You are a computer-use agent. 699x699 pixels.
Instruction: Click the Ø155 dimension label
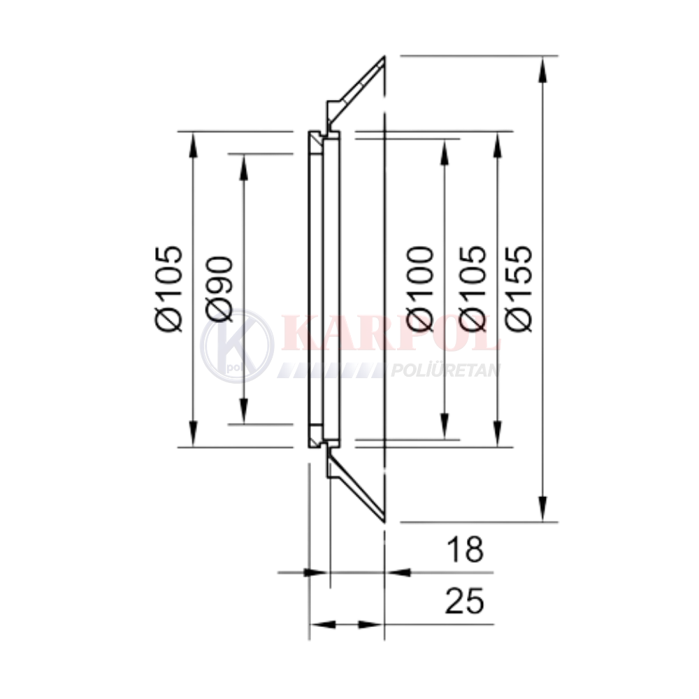point(520,289)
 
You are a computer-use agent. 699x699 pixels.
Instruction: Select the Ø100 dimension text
point(420,289)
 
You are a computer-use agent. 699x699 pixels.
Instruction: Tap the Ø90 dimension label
point(219,289)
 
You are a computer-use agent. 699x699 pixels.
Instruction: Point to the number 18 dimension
point(466,549)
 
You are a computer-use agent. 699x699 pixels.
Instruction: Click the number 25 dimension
point(465,600)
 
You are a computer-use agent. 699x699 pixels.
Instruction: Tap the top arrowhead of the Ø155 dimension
point(542,69)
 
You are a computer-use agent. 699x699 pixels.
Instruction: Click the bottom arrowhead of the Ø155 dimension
point(542,508)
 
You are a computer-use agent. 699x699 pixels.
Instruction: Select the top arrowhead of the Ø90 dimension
point(243,167)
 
